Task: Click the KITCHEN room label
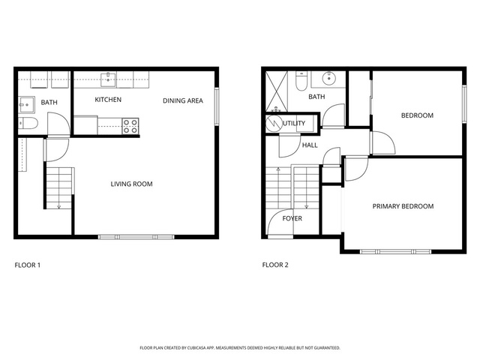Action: pyautogui.click(x=108, y=100)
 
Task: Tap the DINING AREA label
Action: pyautogui.click(x=183, y=100)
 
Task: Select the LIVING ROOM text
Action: pyautogui.click(x=132, y=184)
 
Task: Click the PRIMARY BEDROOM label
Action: pyautogui.click(x=403, y=206)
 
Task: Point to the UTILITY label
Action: pyautogui.click(x=294, y=123)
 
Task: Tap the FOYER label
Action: pyautogui.click(x=292, y=218)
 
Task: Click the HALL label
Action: pyautogui.click(x=310, y=145)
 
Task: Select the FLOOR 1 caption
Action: pyautogui.click(x=28, y=265)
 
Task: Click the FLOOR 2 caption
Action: pyautogui.click(x=275, y=265)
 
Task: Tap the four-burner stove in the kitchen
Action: pyautogui.click(x=130, y=126)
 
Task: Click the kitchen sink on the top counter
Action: pyautogui.click(x=108, y=79)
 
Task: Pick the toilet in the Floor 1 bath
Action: pyautogui.click(x=28, y=123)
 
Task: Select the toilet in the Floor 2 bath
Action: pyautogui.click(x=301, y=81)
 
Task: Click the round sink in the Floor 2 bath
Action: pyautogui.click(x=329, y=79)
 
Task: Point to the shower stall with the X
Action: pyautogui.click(x=277, y=91)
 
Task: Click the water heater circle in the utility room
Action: pyautogui.click(x=273, y=123)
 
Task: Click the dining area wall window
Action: pyautogui.click(x=217, y=106)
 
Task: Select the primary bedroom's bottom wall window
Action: pyautogui.click(x=395, y=252)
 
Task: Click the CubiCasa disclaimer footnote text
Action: pyautogui.click(x=240, y=348)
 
